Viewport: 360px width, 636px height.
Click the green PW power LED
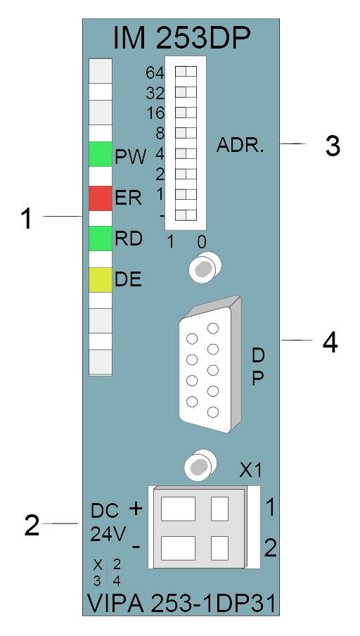pos(101,154)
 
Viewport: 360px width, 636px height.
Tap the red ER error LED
pos(101,198)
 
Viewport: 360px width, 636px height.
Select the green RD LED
pos(101,238)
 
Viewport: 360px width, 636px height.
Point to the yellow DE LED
pos(101,280)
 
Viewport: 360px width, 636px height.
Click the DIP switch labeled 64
pos(186,72)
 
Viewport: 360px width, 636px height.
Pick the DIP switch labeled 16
pos(186,113)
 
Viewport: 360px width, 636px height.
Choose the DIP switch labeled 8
pos(186,133)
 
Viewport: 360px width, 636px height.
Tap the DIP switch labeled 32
pos(186,92)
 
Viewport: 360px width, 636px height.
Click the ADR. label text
pos(240,145)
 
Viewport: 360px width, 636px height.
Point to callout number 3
pos(333,146)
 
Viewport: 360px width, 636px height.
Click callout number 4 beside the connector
pos(330,343)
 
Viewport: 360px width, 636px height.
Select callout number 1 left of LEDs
pos(27,219)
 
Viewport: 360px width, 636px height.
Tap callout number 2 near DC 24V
pos(32,526)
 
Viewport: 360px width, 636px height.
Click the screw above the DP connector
pos(205,267)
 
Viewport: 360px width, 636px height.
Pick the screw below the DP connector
pos(200,466)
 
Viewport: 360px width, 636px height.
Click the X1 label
pos(250,471)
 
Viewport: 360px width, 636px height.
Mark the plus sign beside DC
pos(136,508)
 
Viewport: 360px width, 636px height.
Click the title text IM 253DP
pos(181,39)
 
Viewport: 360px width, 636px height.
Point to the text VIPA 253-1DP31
pos(182,604)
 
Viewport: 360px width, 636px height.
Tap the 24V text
pos(108,534)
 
